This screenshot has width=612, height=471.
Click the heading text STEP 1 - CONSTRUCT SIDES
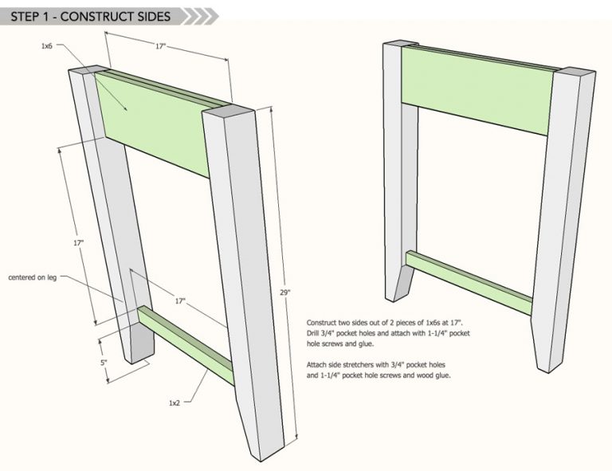90,17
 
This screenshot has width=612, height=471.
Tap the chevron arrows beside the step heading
200,17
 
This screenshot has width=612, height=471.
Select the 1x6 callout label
46,46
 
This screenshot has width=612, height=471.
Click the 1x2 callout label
175,402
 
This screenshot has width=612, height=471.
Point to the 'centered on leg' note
33,277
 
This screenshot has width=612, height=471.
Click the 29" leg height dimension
285,292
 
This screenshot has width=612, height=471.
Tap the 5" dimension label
104,363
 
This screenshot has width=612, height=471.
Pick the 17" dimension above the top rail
160,46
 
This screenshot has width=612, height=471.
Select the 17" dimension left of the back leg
78,243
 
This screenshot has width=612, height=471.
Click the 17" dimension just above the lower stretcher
180,301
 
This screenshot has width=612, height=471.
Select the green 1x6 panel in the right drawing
477,91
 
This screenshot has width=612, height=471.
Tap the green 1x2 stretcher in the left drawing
186,345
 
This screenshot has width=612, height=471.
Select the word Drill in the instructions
312,333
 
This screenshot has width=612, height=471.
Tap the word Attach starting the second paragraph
316,365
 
